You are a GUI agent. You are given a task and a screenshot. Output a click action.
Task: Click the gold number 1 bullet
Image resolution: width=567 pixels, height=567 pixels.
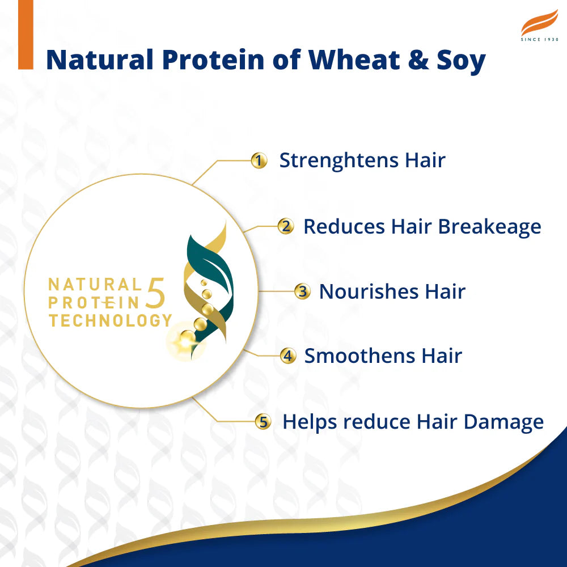pyautogui.click(x=259, y=161)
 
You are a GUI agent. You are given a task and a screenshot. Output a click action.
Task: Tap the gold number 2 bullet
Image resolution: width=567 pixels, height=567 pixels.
pyautogui.click(x=286, y=227)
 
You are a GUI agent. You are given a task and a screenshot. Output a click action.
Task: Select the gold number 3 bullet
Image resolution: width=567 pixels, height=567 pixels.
pyautogui.click(x=302, y=292)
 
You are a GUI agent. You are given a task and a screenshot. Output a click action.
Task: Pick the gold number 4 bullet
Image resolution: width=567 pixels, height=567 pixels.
pyautogui.click(x=288, y=356)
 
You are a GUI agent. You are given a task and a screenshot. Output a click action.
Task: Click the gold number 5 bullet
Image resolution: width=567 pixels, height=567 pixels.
pyautogui.click(x=262, y=422)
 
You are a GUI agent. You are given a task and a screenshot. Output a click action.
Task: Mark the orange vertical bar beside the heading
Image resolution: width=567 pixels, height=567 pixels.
pyautogui.click(x=26, y=34)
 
